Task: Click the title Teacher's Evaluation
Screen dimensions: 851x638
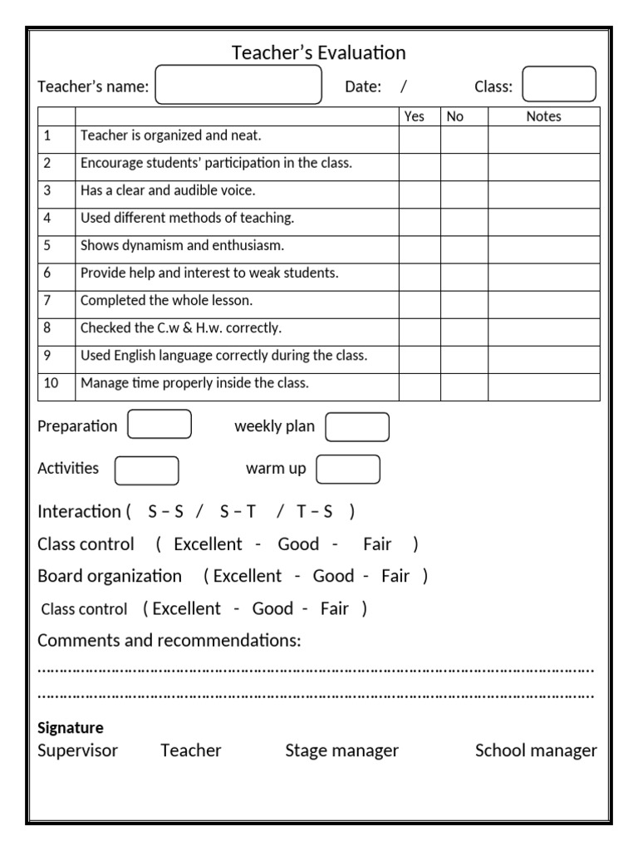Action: [x=318, y=53]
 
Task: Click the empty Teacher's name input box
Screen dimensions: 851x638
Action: [x=238, y=86]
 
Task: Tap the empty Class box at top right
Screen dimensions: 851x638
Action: [x=558, y=85]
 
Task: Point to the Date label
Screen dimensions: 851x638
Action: [x=363, y=87]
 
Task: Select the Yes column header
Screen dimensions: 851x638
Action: [x=414, y=117]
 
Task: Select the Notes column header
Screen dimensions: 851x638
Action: [x=543, y=117]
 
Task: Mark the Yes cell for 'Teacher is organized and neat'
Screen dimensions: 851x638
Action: [x=420, y=140]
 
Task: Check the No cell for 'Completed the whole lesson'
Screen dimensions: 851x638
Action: [x=464, y=304]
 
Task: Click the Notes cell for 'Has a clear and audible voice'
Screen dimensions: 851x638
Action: [x=543, y=194]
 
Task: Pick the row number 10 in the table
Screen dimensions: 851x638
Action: [x=52, y=383]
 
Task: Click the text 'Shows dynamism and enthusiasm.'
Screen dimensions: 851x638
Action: [x=182, y=246]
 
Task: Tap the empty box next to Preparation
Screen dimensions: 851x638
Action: [x=159, y=425]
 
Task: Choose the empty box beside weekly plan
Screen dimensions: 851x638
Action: [x=357, y=427]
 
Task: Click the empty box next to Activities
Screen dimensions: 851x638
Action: [x=146, y=470]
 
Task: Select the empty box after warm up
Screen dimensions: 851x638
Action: [x=348, y=470]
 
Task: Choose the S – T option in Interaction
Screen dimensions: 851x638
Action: [x=238, y=512]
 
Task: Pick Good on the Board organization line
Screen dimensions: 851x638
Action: [x=333, y=576]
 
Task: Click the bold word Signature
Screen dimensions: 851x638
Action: [x=71, y=728]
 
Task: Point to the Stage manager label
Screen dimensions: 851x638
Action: [x=341, y=750]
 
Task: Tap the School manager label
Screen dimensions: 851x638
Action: [x=536, y=750]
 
